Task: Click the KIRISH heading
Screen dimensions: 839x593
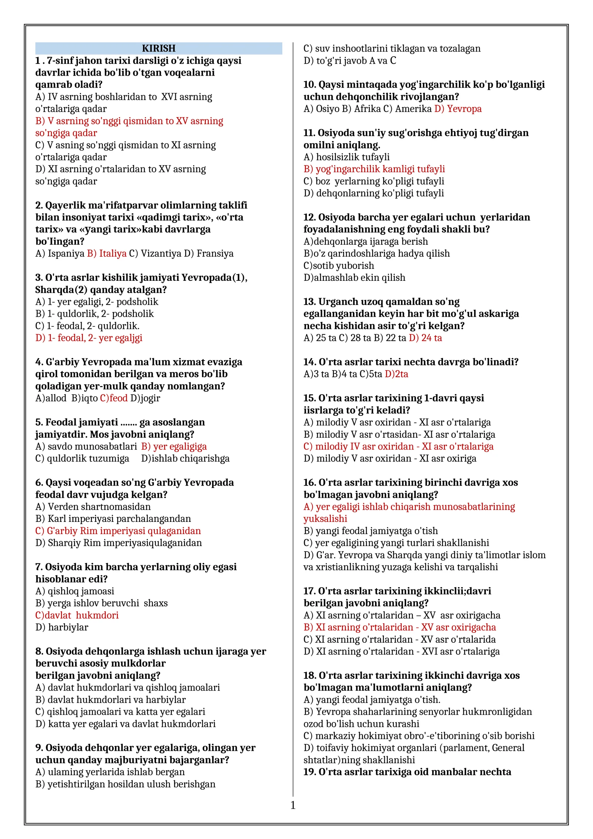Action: pos(159,48)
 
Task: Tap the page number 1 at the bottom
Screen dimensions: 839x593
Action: pos(293,805)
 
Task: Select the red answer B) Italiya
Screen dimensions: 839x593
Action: pos(107,254)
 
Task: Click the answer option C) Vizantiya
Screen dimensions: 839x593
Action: pos(155,254)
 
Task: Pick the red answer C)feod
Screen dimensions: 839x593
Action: pos(114,398)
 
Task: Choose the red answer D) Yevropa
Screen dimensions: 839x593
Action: pos(458,109)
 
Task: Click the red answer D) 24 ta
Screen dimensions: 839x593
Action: pos(425,338)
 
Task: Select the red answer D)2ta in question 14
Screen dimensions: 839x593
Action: pos(397,374)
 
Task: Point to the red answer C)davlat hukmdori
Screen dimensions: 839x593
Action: pos(77,615)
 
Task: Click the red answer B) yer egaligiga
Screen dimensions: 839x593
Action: pos(174,447)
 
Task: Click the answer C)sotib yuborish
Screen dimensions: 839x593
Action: pos(339,266)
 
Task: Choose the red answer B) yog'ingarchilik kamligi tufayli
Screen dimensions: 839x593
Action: pos(374,169)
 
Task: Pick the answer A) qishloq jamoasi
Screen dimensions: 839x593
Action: pos(75,591)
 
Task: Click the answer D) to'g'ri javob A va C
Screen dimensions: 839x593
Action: pos(350,60)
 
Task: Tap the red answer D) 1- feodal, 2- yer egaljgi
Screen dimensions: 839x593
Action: pos(89,338)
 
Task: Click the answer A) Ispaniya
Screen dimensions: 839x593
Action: pos(60,254)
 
